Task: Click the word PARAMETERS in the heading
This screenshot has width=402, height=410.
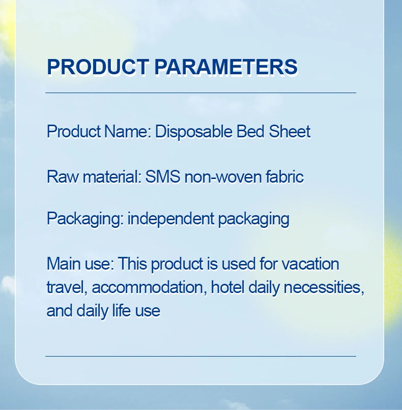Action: click(x=226, y=67)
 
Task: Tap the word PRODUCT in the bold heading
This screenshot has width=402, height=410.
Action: click(x=98, y=67)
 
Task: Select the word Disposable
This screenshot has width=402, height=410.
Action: click(x=193, y=132)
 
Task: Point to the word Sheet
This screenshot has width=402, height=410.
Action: click(x=290, y=131)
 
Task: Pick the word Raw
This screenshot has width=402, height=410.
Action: click(x=63, y=177)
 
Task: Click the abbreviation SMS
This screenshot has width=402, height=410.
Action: click(x=163, y=177)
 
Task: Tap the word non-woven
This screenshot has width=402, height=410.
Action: click(x=223, y=177)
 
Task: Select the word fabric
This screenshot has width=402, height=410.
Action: click(x=284, y=177)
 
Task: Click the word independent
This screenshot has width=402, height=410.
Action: click(x=171, y=219)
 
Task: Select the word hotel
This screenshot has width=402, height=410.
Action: click(x=227, y=287)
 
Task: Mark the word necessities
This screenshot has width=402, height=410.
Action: click(x=324, y=287)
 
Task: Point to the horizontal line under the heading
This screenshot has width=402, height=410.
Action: click(x=200, y=93)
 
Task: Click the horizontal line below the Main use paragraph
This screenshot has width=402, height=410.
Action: click(x=200, y=356)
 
